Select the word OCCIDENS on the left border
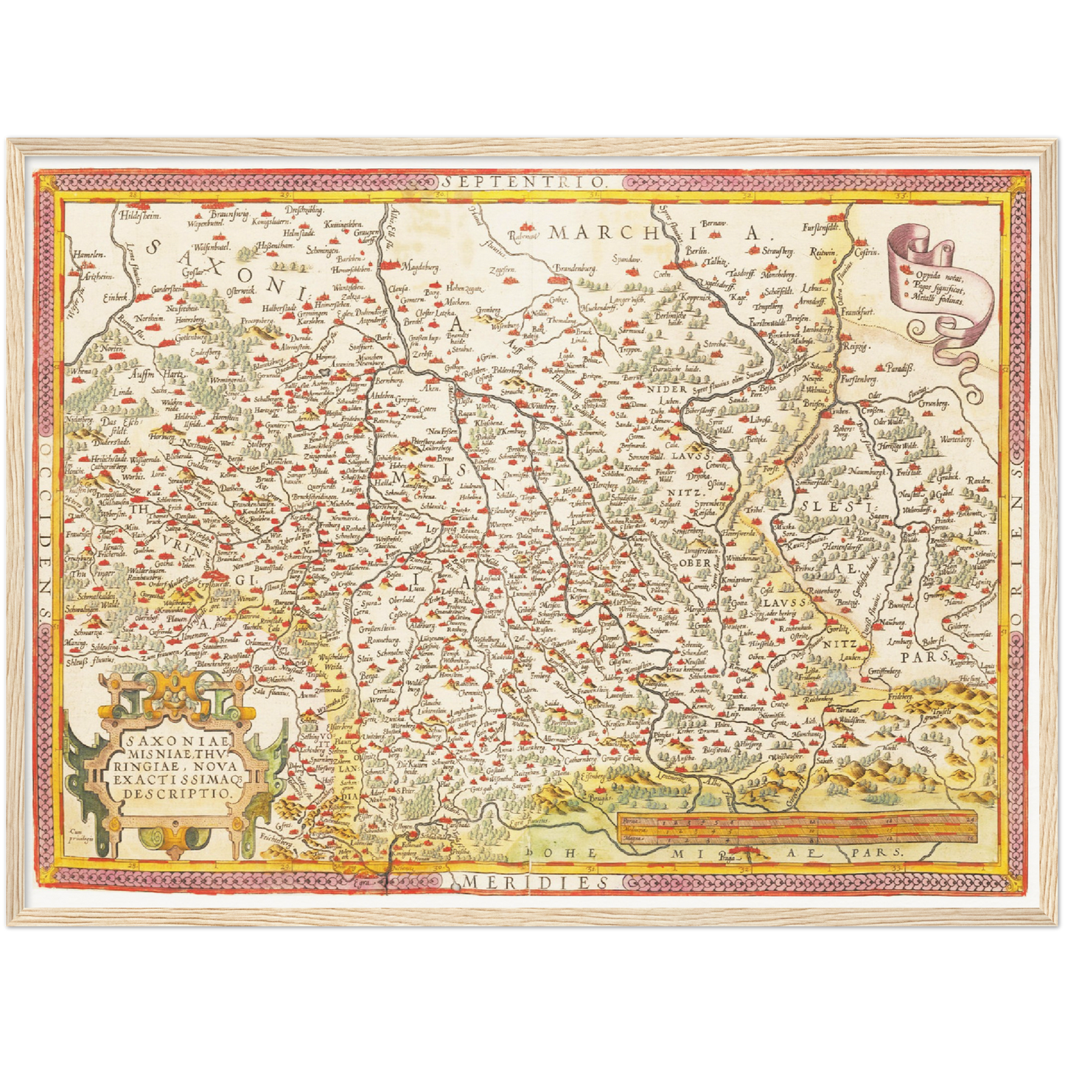pos(46,531)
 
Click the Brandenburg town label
pos(574,269)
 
